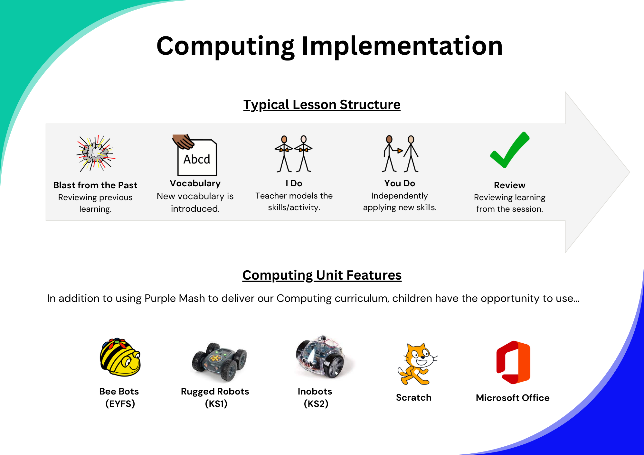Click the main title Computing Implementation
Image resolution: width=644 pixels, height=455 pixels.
329,46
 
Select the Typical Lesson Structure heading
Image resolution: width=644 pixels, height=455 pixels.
322,105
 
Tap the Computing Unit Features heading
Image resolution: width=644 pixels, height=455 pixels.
322,275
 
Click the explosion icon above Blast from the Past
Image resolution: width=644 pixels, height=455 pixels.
96,153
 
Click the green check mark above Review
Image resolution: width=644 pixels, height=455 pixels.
510,150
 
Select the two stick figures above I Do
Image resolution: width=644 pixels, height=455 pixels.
293,154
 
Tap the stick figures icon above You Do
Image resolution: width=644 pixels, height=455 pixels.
400,154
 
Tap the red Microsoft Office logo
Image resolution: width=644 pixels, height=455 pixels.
513,362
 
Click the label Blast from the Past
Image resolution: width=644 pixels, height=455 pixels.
95,185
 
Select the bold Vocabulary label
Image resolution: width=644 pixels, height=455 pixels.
195,183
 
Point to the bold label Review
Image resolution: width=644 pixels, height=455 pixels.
510,185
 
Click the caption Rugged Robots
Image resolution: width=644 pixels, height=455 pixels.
215,392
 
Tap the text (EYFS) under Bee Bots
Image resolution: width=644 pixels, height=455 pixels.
120,404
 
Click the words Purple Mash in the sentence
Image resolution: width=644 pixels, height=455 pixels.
175,299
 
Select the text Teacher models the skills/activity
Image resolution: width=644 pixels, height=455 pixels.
294,202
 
